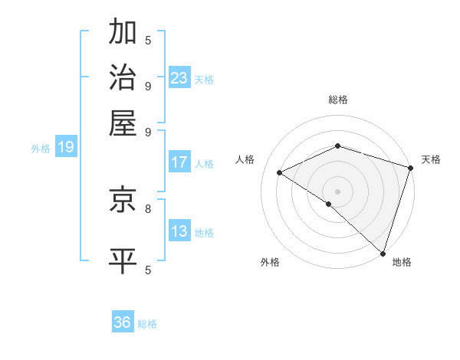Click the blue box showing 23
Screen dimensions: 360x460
click(179, 78)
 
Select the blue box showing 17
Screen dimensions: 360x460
click(179, 162)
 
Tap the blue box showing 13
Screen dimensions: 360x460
click(179, 231)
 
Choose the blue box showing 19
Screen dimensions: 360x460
click(66, 147)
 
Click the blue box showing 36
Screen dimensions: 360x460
click(123, 322)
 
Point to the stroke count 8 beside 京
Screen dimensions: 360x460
click(148, 208)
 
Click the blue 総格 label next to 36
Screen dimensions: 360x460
click(148, 324)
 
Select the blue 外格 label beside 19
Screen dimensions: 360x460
click(41, 149)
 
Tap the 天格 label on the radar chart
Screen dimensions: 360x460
click(431, 159)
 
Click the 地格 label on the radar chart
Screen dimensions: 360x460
click(402, 263)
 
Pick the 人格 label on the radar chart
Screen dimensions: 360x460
click(245, 159)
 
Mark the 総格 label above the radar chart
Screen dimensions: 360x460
click(338, 100)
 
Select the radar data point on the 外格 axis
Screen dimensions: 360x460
click(328, 205)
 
